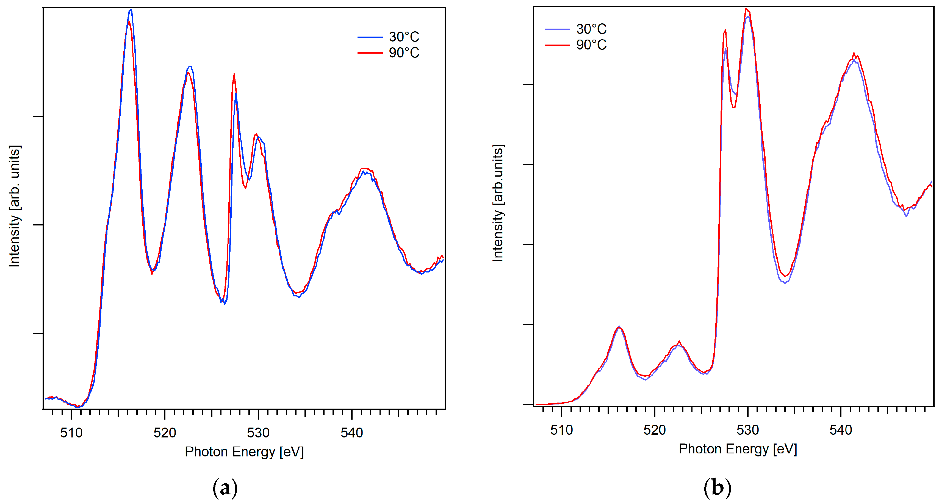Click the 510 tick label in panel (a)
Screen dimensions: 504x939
pyautogui.click(x=71, y=433)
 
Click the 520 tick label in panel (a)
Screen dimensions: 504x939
pyautogui.click(x=165, y=433)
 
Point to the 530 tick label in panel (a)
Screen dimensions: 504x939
pyautogui.click(x=258, y=433)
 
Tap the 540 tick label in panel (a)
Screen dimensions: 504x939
pyautogui.click(x=352, y=433)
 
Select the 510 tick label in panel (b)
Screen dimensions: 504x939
pyautogui.click(x=561, y=430)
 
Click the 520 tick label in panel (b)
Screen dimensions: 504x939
pyautogui.click(x=654, y=430)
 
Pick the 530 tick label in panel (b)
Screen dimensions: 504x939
pyautogui.click(x=748, y=430)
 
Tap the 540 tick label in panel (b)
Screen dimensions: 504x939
pyautogui.click(x=841, y=430)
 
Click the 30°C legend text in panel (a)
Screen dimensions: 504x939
pyautogui.click(x=404, y=37)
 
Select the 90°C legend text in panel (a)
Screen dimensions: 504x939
pyautogui.click(x=404, y=53)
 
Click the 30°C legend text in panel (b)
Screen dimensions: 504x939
pyautogui.click(x=591, y=29)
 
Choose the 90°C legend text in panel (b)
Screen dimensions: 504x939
pyautogui.click(x=591, y=45)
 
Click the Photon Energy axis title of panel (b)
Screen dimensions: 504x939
pyautogui.click(x=738, y=449)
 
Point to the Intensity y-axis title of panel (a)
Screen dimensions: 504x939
pyautogui.click(x=14, y=206)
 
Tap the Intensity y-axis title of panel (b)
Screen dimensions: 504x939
pyautogui.click(x=498, y=203)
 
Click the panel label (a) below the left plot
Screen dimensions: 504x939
pyautogui.click(x=225, y=488)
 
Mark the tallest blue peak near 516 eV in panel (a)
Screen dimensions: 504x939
pyautogui.click(x=131, y=10)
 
